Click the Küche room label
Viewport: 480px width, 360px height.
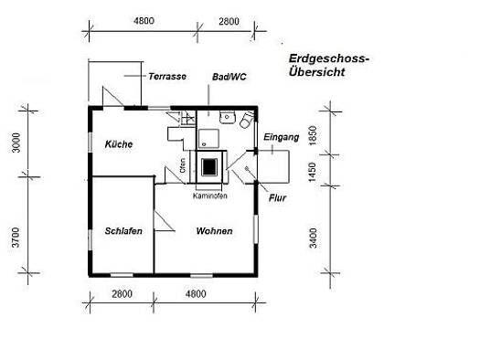pyautogui.click(x=119, y=144)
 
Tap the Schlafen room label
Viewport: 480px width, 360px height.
pyautogui.click(x=123, y=231)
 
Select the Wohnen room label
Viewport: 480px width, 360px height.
pyautogui.click(x=214, y=231)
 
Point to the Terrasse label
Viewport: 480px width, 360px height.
pyautogui.click(x=167, y=76)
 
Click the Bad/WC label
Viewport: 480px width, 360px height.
pyautogui.click(x=229, y=77)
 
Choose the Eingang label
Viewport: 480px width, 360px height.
pyautogui.click(x=281, y=137)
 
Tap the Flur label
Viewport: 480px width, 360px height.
pyautogui.click(x=277, y=198)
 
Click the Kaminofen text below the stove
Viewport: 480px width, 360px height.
pyautogui.click(x=210, y=196)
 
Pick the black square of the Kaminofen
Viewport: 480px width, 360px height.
pyautogui.click(x=209, y=167)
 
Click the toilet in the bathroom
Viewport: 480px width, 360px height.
pyautogui.click(x=247, y=120)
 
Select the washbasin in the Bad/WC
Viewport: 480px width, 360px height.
pyautogui.click(x=227, y=118)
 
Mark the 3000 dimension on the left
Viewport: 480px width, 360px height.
pyautogui.click(x=16, y=143)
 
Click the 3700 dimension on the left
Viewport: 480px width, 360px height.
pyautogui.click(x=16, y=238)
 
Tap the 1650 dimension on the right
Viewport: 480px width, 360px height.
pyautogui.click(x=313, y=136)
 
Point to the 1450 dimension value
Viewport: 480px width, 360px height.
pyautogui.click(x=313, y=172)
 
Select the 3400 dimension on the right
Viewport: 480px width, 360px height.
pyautogui.click(x=313, y=238)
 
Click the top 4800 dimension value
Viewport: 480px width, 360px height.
pyautogui.click(x=144, y=21)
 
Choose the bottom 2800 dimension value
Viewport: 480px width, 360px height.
pyautogui.click(x=122, y=294)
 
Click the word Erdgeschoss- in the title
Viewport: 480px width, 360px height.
pyautogui.click(x=329, y=58)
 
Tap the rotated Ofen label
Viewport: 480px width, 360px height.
pyautogui.click(x=183, y=165)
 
